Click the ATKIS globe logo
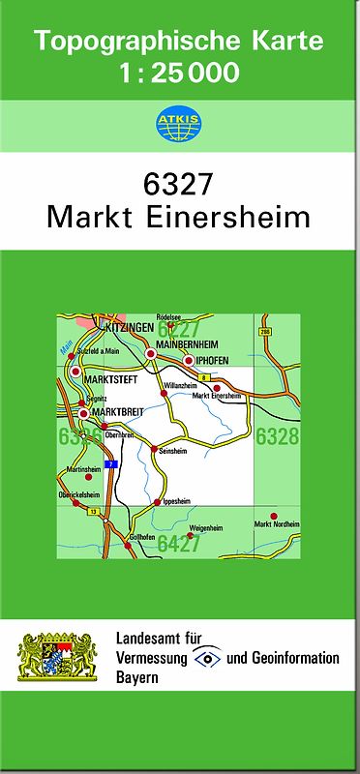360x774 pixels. [179, 123]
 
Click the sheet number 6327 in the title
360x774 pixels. [179, 183]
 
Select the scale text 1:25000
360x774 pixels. [180, 73]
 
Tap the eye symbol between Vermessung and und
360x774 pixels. [207, 658]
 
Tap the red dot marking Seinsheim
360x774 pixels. [153, 448]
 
